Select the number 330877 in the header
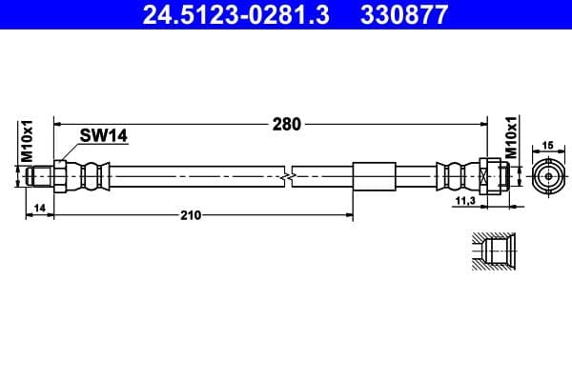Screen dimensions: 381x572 click(x=401, y=15)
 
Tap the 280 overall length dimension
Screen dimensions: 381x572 click(x=286, y=124)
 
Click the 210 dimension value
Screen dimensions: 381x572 click(x=190, y=215)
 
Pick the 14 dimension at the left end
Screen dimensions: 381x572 click(x=39, y=206)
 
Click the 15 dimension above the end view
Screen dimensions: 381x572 click(x=548, y=145)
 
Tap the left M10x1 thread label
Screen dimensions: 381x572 click(x=28, y=140)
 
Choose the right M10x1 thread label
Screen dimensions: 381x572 click(x=511, y=139)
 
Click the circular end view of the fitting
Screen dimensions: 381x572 click(x=548, y=176)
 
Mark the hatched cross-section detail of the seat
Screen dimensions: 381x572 click(x=494, y=251)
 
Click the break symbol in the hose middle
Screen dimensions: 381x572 click(x=290, y=176)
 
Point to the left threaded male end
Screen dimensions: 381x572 click(x=41, y=176)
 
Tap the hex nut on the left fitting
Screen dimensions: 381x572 click(x=60, y=176)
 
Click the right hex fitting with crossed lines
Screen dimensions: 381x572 click(x=486, y=176)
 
